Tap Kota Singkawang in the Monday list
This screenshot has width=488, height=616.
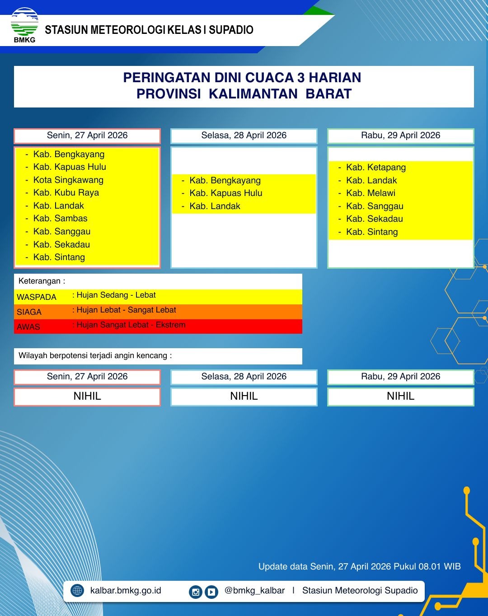click(68, 180)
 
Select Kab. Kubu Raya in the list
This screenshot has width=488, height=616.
click(66, 192)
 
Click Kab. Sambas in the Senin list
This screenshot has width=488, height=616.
click(60, 218)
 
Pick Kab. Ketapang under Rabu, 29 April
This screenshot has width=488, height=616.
click(376, 167)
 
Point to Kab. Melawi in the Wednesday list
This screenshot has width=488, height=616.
click(371, 193)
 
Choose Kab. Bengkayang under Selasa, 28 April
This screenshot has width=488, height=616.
click(225, 180)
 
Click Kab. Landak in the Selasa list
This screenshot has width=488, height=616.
click(215, 206)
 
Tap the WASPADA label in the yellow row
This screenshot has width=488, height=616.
click(37, 297)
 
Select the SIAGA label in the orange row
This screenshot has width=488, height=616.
click(29, 312)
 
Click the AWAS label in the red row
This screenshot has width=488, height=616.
click(28, 327)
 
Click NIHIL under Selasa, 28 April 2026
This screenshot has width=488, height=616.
click(244, 396)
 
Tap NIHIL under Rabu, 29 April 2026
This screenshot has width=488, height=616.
click(400, 396)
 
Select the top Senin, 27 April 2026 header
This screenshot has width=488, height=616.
click(87, 135)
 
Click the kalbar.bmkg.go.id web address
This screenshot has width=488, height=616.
click(126, 590)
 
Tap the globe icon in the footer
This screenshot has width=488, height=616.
click(77, 590)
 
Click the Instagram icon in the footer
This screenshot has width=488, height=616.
click(195, 592)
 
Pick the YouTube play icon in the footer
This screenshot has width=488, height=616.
click(211, 592)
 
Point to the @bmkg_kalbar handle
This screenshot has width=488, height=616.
click(254, 590)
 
